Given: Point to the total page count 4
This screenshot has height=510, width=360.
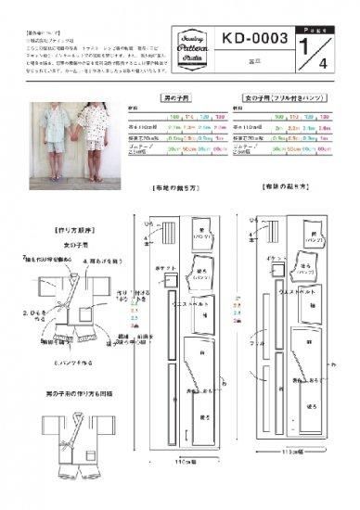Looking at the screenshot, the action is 324,64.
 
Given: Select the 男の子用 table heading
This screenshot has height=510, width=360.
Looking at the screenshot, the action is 189,96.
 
